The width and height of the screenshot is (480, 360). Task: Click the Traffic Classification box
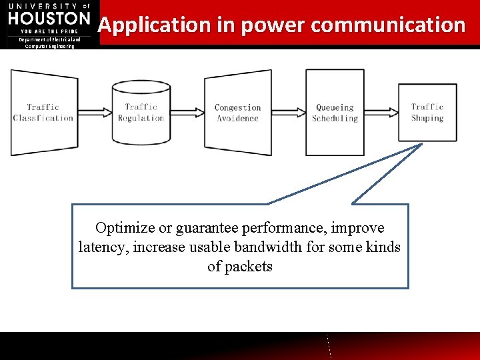tap(43, 112)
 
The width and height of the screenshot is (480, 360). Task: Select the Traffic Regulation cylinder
tap(141, 112)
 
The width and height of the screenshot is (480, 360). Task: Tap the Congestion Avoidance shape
tap(237, 112)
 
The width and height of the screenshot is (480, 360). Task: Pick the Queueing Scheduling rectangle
tap(335, 112)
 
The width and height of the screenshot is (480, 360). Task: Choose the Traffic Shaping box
tap(427, 112)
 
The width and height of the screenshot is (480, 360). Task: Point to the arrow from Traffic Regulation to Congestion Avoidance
tap(187, 112)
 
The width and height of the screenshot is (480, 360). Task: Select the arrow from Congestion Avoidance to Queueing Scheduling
tap(289, 112)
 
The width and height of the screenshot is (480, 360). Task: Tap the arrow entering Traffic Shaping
tap(381, 112)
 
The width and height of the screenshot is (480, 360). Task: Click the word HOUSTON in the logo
tap(49, 18)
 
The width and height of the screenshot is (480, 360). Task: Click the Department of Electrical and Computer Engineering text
tap(49, 43)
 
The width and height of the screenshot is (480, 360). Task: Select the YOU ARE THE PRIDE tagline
tap(49, 31)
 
